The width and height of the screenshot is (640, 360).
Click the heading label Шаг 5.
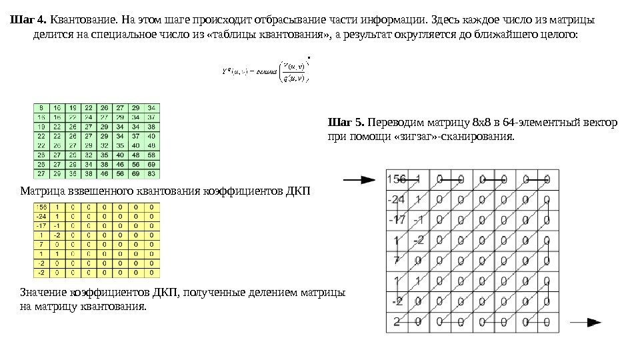pyautogui.click(x=346, y=123)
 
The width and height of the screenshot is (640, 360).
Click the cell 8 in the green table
pyautogui.click(x=42, y=107)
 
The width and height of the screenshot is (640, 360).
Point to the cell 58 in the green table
pyautogui.click(x=153, y=154)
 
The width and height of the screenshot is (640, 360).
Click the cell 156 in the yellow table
pyautogui.click(x=42, y=207)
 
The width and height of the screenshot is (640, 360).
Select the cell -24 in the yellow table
pyautogui.click(x=42, y=216)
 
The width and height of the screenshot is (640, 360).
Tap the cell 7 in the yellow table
pyautogui.click(x=42, y=244)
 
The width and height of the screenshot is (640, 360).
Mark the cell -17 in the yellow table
pyautogui.click(x=42, y=225)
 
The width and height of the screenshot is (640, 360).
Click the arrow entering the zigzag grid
pyautogui.click(x=359, y=179)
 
